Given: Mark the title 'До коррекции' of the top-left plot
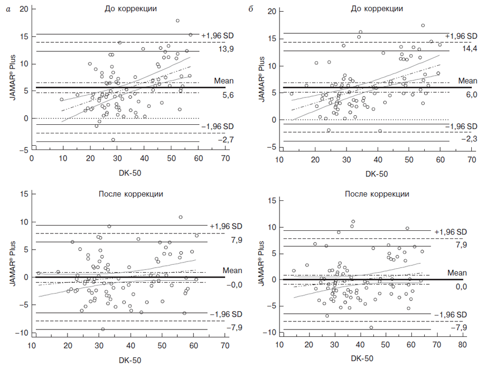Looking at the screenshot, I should click(x=131, y=9).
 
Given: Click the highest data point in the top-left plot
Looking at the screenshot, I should click(x=177, y=21).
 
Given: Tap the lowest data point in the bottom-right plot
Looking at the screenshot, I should click(x=371, y=327).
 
